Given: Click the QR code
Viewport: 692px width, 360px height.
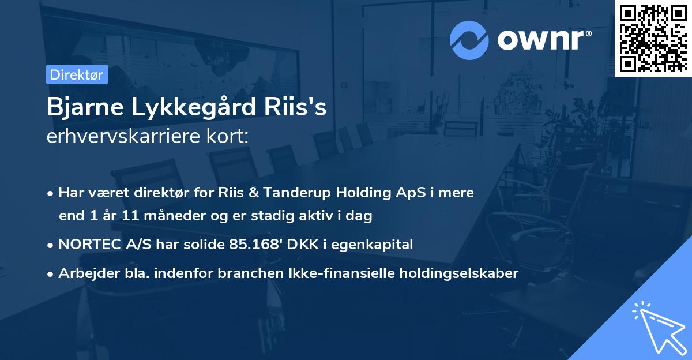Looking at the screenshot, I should pyautogui.click(x=653, y=37).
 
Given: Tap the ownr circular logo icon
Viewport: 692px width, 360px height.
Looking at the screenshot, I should pyautogui.click(x=469, y=40).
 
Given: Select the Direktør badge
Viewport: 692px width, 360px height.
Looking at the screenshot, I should pyautogui.click(x=77, y=74).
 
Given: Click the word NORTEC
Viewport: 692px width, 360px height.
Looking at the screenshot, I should pyautogui.click(x=86, y=244).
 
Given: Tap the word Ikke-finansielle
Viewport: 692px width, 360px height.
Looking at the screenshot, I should pyautogui.click(x=325, y=273).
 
